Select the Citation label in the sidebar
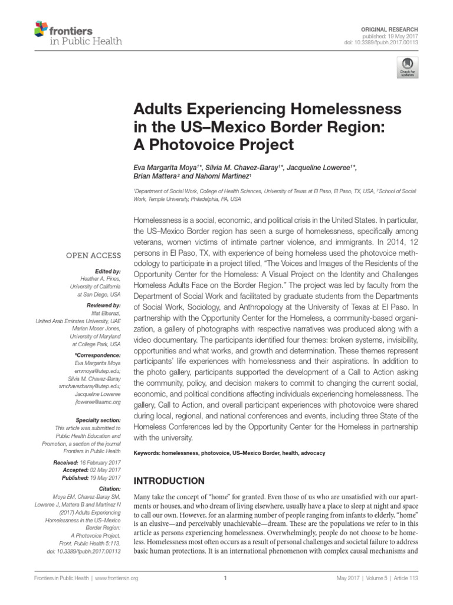tap(109, 489)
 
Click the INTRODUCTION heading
tap(169, 481)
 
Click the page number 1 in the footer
tap(226, 578)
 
